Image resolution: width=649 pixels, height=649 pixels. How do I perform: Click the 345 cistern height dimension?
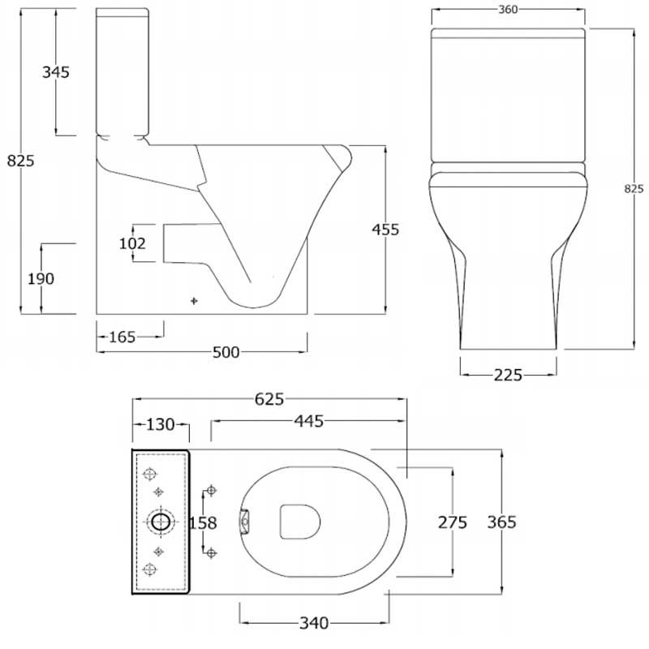coord(55,71)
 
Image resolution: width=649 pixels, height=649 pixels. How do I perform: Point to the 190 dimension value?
coord(40,278)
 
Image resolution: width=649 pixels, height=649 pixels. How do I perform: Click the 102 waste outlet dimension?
coord(133,243)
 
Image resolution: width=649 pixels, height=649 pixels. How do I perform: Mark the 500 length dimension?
coord(225,351)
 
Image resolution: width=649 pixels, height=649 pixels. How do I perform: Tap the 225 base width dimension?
coord(507,374)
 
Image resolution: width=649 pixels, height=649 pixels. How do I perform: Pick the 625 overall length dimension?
coord(269,398)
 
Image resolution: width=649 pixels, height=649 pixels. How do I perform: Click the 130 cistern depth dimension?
coord(161,424)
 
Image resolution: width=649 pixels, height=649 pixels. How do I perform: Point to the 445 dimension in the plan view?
coord(307,421)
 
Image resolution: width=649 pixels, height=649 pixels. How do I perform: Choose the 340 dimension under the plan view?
coord(313,623)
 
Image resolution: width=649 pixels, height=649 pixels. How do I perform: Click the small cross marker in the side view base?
coord(193,301)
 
